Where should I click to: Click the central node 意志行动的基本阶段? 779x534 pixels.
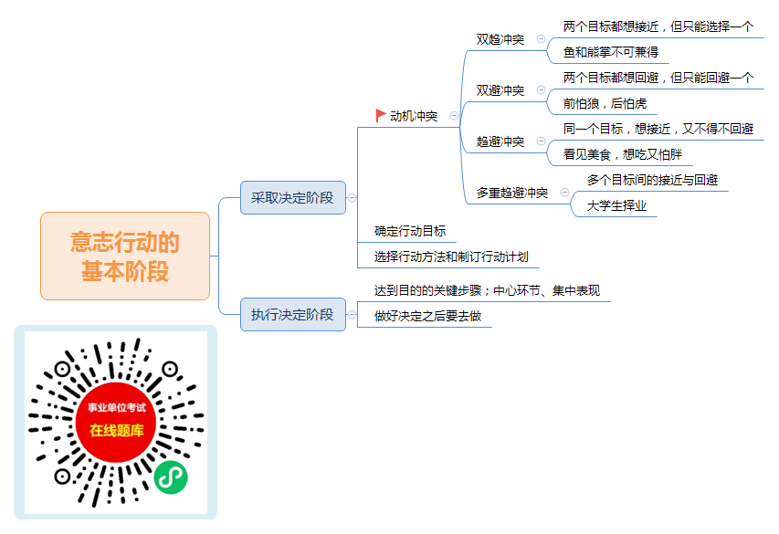click(x=125, y=257)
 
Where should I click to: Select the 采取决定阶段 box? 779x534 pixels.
click(x=292, y=198)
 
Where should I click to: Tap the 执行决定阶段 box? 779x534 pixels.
click(x=292, y=314)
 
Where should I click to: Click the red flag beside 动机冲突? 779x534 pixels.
click(x=381, y=116)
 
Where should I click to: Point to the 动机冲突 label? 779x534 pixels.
click(x=414, y=116)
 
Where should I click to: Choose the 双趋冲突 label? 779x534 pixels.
click(x=500, y=39)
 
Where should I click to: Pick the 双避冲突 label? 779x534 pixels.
click(x=500, y=90)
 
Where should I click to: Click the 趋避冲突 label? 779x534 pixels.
click(x=500, y=141)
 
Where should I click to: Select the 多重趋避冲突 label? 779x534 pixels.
click(x=512, y=193)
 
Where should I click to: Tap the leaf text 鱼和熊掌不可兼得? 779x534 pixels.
click(x=611, y=52)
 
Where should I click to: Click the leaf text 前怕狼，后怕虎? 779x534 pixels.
click(x=605, y=103)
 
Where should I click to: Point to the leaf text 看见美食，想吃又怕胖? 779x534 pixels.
click(x=623, y=154)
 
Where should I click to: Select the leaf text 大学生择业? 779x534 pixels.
click(x=616, y=205)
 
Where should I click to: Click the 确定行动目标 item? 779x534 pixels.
click(x=410, y=231)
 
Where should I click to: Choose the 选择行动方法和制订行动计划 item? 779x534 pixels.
click(x=451, y=257)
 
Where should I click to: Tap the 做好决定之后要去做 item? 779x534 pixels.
click(x=427, y=316)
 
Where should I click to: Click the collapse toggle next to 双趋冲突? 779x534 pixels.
click(x=541, y=38)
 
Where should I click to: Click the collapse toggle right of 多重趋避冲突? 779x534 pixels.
click(x=565, y=193)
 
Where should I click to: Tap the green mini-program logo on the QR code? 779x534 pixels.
click(x=171, y=477)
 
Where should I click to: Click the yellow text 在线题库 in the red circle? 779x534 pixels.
click(x=117, y=431)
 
